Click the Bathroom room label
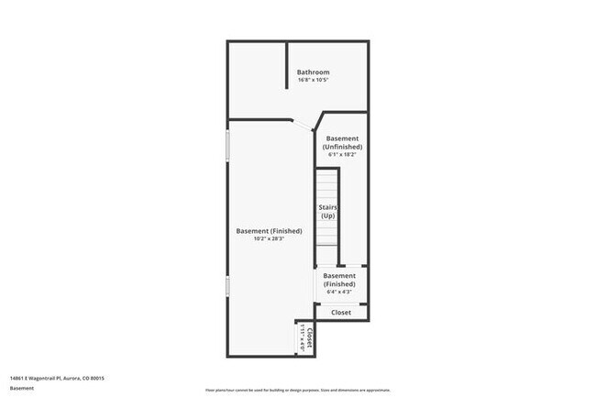point(313,72)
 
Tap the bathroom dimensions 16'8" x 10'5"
point(313,81)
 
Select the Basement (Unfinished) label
point(343,142)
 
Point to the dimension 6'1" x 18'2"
point(343,154)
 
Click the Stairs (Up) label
point(327,212)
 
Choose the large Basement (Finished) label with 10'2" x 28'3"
point(269,231)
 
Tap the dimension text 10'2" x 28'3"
point(269,239)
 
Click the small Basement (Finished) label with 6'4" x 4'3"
point(339,280)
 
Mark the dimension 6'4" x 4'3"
point(339,293)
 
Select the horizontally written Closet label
point(341,313)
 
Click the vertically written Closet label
point(310,337)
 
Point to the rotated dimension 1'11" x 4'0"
point(302,337)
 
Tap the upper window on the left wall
point(227,148)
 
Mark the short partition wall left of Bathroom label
point(288,79)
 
